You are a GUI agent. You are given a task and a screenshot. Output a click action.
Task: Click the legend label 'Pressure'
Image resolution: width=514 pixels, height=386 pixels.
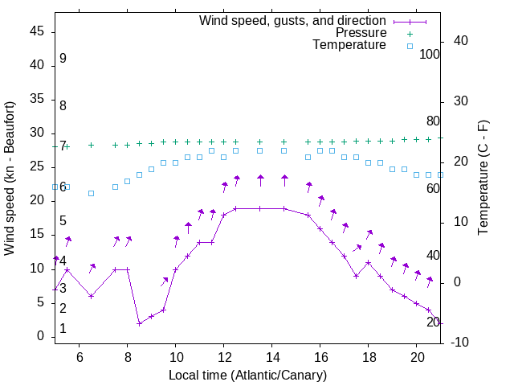coord(361,33)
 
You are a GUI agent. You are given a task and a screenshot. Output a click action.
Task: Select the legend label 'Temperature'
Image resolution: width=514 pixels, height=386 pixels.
coord(349,45)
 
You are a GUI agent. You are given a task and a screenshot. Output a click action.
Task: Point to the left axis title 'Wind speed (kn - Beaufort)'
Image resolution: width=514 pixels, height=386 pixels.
coord(10,179)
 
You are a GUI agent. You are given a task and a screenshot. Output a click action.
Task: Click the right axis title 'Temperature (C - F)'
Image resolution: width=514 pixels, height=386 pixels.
coord(483,179)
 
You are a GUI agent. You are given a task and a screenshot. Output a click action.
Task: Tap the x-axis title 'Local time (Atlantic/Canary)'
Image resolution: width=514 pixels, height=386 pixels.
coord(247,376)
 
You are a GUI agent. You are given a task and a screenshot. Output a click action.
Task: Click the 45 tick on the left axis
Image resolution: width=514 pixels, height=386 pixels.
coord(36,32)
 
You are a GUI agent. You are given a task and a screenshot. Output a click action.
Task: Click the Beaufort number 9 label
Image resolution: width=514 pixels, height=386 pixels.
coord(63,59)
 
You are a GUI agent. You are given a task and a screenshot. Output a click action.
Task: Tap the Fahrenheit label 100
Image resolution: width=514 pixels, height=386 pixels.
coord(430,54)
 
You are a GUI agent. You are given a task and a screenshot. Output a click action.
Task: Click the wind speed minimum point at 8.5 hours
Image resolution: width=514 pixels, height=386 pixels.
coord(139,323)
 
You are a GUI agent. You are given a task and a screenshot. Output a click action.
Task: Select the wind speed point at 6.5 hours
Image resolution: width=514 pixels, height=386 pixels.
coord(91,296)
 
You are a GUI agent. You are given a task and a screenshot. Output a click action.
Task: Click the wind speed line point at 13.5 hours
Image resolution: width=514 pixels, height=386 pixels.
coord(259,208)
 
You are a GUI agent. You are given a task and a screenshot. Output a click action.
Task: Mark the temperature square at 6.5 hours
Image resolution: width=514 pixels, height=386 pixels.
coord(91,193)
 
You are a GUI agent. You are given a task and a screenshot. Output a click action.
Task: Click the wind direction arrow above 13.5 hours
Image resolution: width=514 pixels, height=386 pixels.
coord(260,180)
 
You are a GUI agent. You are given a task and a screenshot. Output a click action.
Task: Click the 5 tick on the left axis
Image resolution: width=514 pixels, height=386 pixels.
coord(39,302)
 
